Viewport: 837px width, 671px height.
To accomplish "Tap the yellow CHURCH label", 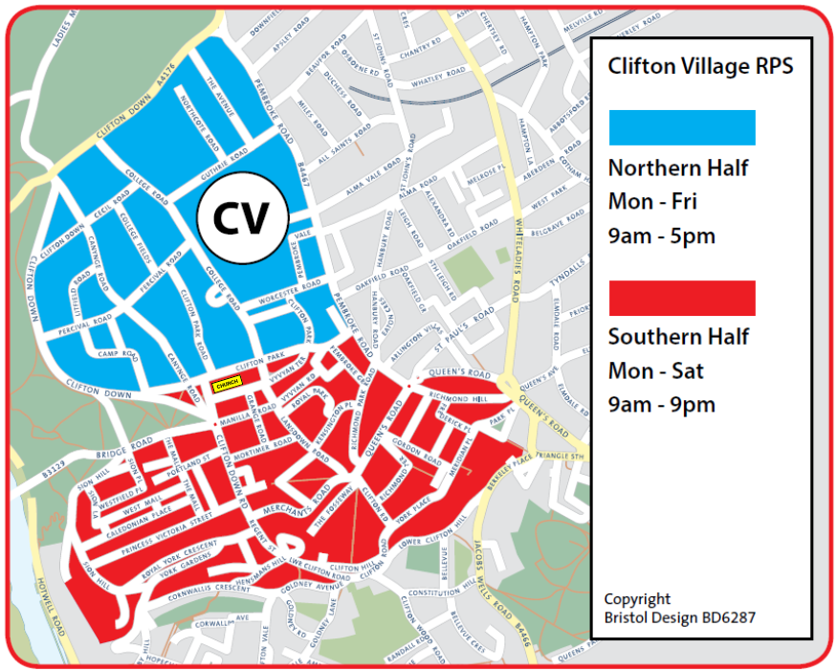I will coord(227,384).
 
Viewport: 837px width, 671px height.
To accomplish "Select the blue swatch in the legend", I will coord(682,128).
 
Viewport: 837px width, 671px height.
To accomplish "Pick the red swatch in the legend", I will coord(682,298).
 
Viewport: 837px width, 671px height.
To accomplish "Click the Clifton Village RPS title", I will coord(700,67).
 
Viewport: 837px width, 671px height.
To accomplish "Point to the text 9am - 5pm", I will coord(661,236).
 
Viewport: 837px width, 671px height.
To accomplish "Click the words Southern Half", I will coord(678,337).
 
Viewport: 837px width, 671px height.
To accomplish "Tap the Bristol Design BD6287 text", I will coord(679,617).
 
